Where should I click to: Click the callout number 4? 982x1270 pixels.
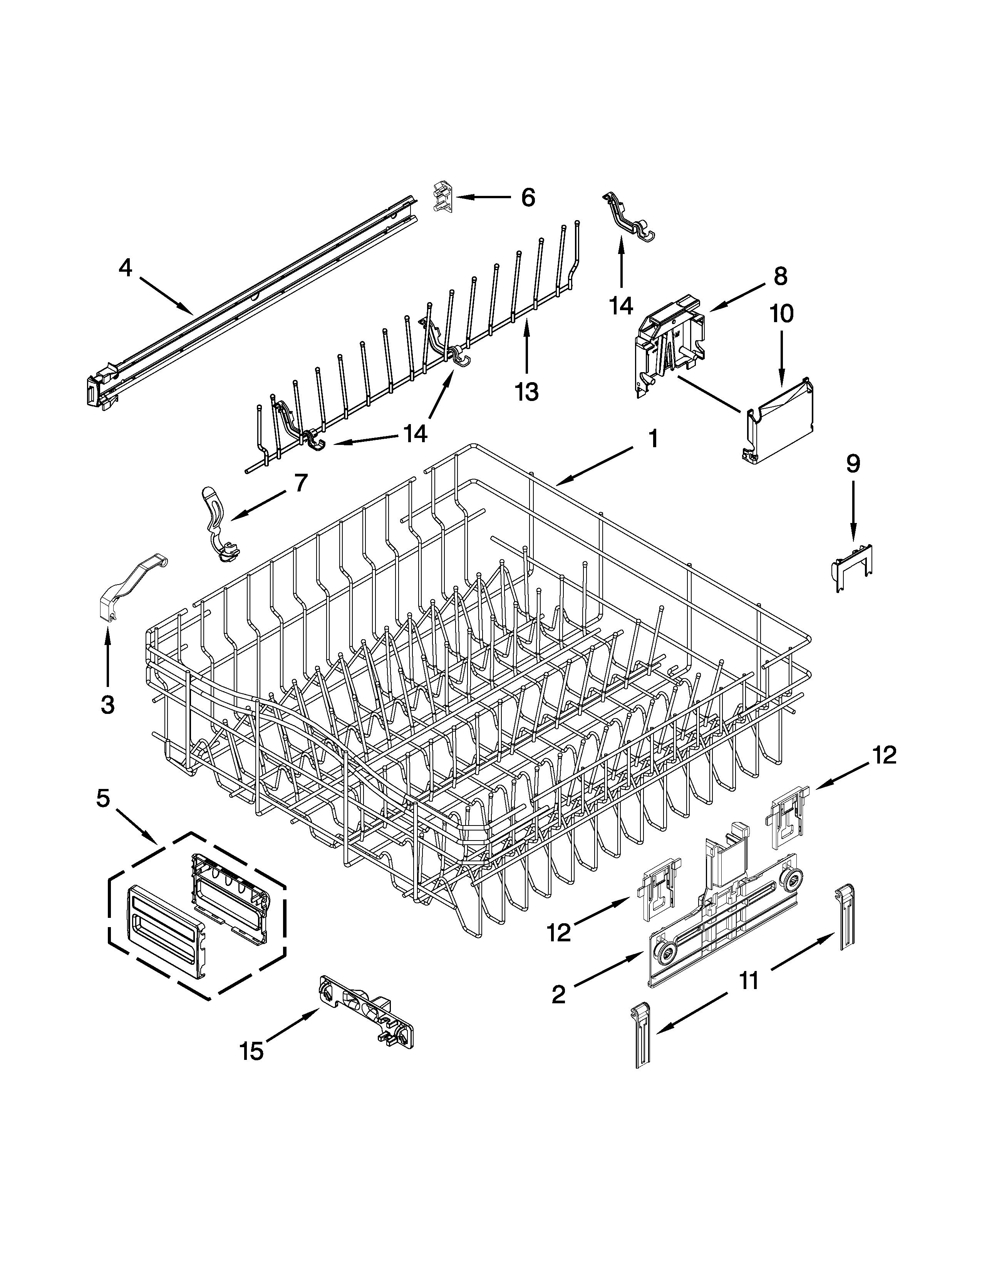coord(125,268)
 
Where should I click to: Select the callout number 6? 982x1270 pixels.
coord(528,198)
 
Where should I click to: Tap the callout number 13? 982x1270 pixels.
coord(526,391)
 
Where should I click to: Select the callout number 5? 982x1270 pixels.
coord(102,799)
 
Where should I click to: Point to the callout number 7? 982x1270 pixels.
coord(300,483)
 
